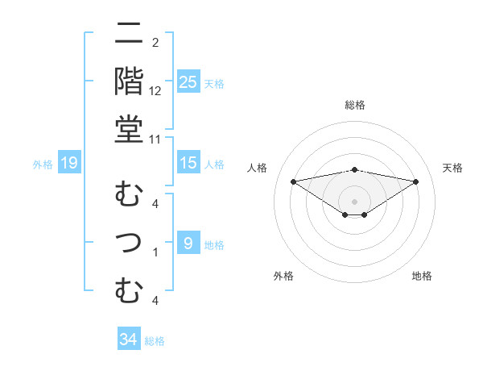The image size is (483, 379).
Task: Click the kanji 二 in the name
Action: [129, 35]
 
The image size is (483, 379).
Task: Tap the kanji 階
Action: [129, 81]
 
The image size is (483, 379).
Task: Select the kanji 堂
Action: [129, 130]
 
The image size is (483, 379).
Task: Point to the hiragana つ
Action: [129, 242]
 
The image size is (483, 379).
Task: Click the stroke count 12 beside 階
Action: [155, 91]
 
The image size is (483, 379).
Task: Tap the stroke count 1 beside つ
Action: [155, 252]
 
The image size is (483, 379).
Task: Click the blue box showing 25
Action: [188, 82]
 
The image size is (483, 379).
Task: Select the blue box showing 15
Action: [188, 163]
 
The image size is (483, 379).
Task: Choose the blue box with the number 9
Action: [188, 244]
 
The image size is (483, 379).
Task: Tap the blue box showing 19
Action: [68, 164]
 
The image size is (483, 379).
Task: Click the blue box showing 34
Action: [128, 340]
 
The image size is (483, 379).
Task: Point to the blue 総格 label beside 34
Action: [155, 341]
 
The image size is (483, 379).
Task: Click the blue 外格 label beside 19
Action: [43, 165]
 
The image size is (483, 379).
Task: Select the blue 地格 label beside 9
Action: [214, 244]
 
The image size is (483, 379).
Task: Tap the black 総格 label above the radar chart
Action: [354, 105]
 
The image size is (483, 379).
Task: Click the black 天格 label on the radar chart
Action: [452, 168]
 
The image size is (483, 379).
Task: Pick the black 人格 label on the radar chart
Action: [258, 168]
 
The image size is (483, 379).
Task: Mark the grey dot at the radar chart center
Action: [354, 201]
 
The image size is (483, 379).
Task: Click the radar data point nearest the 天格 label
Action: [415, 181]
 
